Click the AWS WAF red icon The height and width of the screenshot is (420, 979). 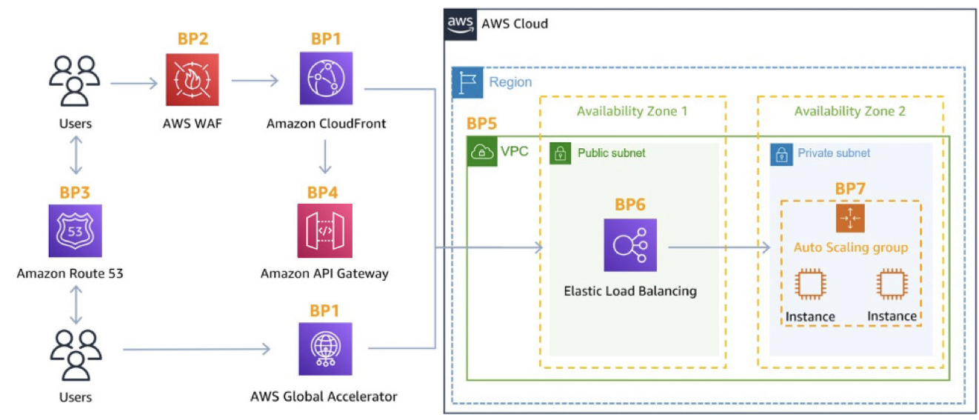[x=193, y=79]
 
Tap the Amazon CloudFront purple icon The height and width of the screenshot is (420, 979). [x=326, y=79]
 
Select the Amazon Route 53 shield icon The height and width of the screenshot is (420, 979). [x=76, y=231]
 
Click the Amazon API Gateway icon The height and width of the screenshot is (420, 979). [x=325, y=231]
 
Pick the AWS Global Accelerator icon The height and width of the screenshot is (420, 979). [x=326, y=349]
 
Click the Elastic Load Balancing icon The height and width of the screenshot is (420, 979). [x=630, y=245]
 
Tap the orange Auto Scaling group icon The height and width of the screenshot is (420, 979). [x=850, y=218]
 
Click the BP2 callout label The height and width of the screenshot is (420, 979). [x=193, y=39]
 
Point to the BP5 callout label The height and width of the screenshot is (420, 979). [x=481, y=124]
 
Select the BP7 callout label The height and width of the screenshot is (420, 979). [x=850, y=189]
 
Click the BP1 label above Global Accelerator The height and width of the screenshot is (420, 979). [x=325, y=310]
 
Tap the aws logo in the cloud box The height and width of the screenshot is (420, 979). [x=460, y=24]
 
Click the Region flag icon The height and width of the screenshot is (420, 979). [x=467, y=82]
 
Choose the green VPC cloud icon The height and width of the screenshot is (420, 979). [x=482, y=152]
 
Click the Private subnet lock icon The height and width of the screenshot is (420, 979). [x=781, y=155]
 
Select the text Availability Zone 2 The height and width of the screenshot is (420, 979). [x=849, y=111]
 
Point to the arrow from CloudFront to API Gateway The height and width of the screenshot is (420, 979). [x=325, y=156]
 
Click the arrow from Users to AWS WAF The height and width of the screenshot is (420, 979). [x=134, y=83]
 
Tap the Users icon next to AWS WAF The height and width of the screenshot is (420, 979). [x=75, y=81]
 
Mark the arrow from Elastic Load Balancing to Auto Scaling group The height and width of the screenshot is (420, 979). [x=719, y=247]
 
